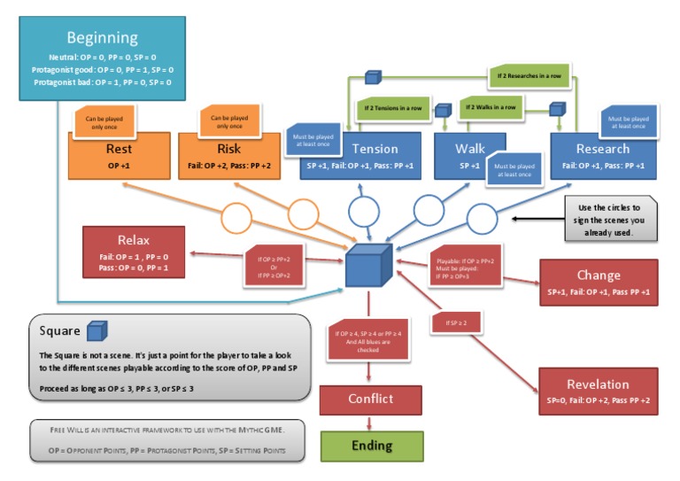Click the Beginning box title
pos(103,38)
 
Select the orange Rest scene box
pos(119,156)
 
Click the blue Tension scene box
pos(375,156)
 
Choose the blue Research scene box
pos(602,156)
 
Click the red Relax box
pos(134,252)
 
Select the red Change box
pos(598,282)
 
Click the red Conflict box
pos(370,400)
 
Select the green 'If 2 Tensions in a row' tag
pos(390,109)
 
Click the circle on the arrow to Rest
pos(241,217)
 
